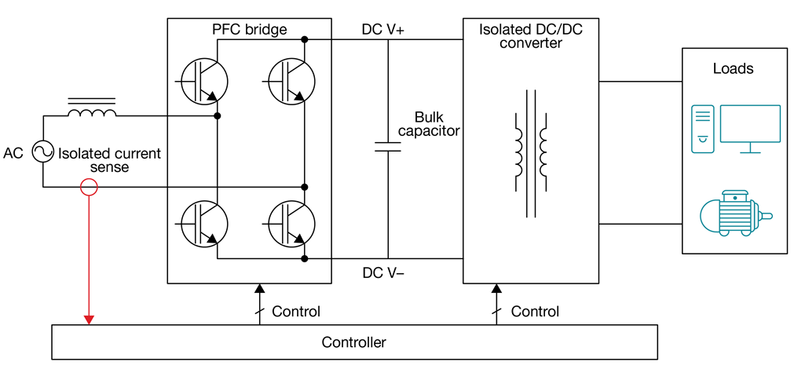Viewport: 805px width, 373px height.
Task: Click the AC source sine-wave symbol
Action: pyautogui.click(x=42, y=152)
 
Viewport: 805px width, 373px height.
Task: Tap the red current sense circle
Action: pyautogui.click(x=89, y=187)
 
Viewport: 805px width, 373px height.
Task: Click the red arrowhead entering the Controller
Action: pyautogui.click(x=89, y=318)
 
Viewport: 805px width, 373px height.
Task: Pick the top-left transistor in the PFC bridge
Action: pyautogui.click(x=203, y=79)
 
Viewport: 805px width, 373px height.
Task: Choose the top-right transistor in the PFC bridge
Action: pyautogui.click(x=291, y=79)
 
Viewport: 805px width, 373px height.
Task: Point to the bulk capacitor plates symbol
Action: pyautogui.click(x=388, y=145)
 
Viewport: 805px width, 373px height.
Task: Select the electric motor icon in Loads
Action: pyautogui.click(x=734, y=214)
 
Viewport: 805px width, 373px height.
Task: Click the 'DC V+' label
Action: pyautogui.click(x=383, y=30)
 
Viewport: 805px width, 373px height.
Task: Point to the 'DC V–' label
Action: pyautogui.click(x=383, y=273)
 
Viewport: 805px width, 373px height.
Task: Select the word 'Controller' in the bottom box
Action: pyautogui.click(x=353, y=342)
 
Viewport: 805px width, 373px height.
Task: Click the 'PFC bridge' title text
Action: pyautogui.click(x=249, y=30)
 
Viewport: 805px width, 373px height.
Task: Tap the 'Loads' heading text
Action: pyautogui.click(x=733, y=68)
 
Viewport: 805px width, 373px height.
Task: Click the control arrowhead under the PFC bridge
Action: pyautogui.click(x=259, y=290)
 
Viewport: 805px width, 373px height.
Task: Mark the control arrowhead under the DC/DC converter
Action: pyautogui.click(x=496, y=290)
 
